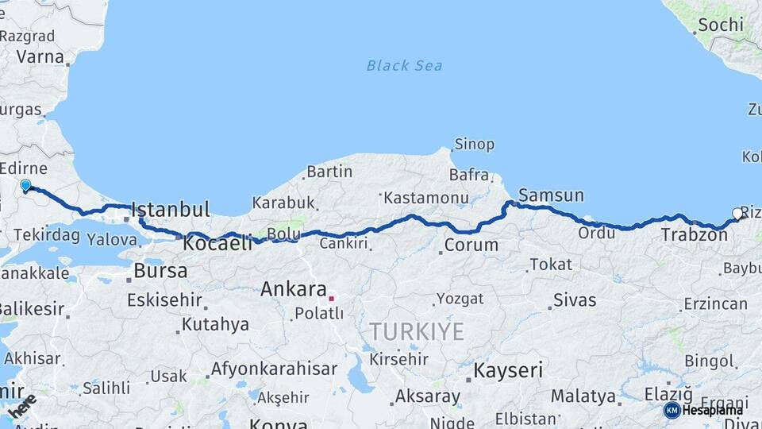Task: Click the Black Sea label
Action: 404,65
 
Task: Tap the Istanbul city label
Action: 171,210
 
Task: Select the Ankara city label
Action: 294,289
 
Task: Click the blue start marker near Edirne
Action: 25,185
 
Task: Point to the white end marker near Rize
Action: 737,213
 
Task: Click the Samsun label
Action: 551,195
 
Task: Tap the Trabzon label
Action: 694,234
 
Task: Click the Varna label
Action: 40,56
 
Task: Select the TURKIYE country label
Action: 416,332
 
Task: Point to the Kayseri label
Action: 508,370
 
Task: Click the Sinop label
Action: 474,145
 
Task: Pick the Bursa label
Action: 160,270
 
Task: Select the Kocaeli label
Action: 217,244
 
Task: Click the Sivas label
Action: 575,300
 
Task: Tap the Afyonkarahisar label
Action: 273,369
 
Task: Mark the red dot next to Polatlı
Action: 331,299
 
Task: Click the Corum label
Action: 471,245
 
